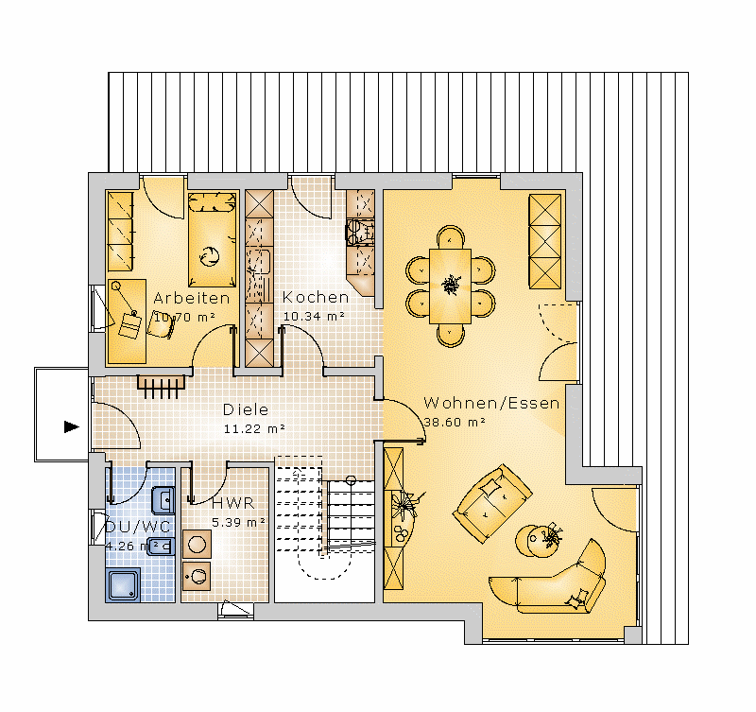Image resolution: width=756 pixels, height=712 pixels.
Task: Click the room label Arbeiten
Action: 192,298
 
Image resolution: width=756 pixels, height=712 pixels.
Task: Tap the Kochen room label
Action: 316,297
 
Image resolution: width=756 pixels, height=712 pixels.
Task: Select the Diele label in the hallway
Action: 246,409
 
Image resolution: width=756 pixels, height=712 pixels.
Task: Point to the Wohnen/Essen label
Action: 491,403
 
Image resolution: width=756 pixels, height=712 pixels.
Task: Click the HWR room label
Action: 232,503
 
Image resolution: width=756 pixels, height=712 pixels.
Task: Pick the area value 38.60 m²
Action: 455,422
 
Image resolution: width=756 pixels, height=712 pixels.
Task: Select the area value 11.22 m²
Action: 254,429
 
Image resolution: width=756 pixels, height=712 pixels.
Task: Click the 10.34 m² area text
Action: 314,317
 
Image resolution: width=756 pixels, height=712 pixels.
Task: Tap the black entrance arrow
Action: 72,426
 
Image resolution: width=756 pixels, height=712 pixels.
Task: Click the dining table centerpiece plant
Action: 451,285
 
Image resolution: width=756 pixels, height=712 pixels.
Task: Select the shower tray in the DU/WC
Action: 124,585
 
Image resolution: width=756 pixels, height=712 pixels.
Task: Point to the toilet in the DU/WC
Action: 161,547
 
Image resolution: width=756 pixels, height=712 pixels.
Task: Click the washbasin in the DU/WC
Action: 163,500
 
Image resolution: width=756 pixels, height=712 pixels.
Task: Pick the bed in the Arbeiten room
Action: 212,239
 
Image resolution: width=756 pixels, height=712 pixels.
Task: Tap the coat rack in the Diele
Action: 161,387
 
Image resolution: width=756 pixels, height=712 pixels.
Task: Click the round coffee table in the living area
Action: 538,541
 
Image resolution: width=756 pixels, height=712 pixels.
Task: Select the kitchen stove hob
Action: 360,232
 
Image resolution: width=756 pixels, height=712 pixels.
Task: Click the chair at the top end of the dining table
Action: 451,237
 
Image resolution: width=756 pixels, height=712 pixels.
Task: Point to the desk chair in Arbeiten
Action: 161,324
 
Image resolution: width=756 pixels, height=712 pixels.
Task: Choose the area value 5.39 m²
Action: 238,523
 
